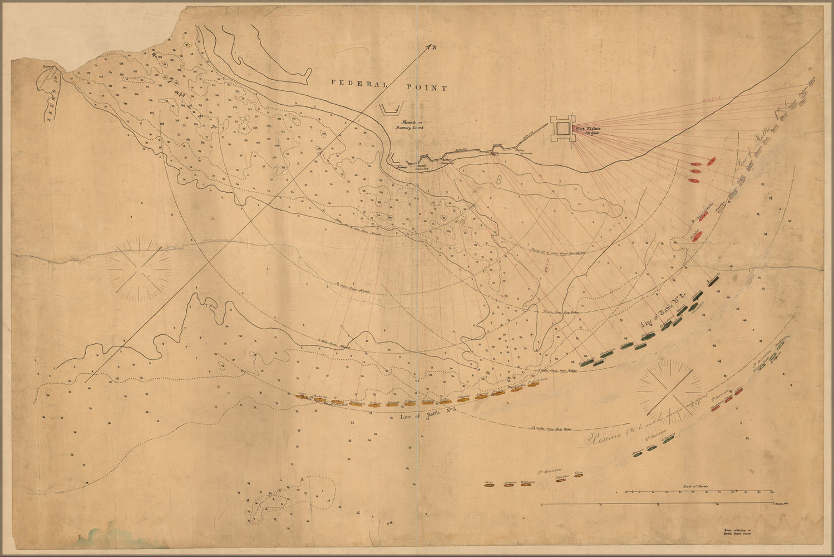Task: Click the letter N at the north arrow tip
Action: click(434, 47)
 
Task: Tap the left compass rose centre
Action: click(140, 270)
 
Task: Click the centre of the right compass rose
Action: click(670, 388)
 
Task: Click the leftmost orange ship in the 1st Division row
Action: click(489, 485)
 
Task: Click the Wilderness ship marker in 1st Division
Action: click(527, 485)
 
